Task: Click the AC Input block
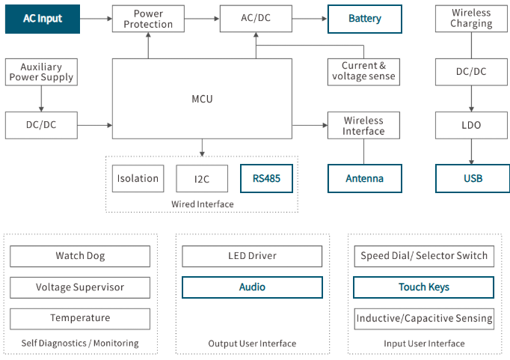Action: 43,19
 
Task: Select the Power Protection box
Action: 148,19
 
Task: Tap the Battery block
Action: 365,19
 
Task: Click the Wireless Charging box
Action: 471,19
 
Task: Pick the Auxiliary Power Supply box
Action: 41,72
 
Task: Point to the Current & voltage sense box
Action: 363,72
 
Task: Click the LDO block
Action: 471,125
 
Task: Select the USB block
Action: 473,178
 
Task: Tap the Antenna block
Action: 365,178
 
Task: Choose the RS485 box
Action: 267,178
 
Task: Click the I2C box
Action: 202,178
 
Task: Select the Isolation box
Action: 138,178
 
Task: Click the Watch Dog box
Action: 80,256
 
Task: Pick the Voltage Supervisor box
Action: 80,287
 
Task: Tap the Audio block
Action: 253,287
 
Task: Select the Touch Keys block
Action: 424,287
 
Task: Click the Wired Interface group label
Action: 203,204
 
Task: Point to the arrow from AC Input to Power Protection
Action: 96,19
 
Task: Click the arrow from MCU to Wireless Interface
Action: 310,125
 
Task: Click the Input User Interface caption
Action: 424,344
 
